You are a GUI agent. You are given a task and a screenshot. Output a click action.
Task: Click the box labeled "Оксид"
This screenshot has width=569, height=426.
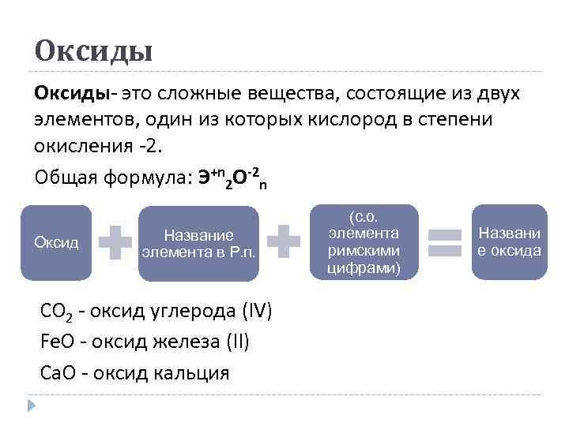tap(55, 243)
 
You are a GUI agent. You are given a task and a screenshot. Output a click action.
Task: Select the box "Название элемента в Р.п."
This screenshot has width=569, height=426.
tap(198, 243)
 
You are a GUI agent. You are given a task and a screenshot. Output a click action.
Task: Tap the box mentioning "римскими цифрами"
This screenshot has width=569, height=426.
tap(364, 241)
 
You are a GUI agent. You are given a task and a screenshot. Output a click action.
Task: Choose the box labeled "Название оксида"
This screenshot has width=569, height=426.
tap(510, 241)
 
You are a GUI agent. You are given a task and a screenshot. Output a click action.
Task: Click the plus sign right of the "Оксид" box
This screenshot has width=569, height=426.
tap(115, 242)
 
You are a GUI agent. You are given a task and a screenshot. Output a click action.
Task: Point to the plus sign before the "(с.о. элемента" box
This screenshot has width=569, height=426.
tap(284, 242)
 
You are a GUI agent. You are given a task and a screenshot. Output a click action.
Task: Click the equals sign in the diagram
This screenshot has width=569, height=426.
tap(445, 242)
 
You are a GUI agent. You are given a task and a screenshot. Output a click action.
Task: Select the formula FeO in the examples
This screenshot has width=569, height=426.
tap(56, 342)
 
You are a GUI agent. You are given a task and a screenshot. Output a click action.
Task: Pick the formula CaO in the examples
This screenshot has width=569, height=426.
tap(56, 372)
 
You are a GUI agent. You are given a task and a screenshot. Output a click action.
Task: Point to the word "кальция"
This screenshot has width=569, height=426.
tap(190, 372)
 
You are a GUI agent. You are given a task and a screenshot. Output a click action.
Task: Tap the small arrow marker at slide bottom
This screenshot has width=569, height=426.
tap(32, 405)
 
